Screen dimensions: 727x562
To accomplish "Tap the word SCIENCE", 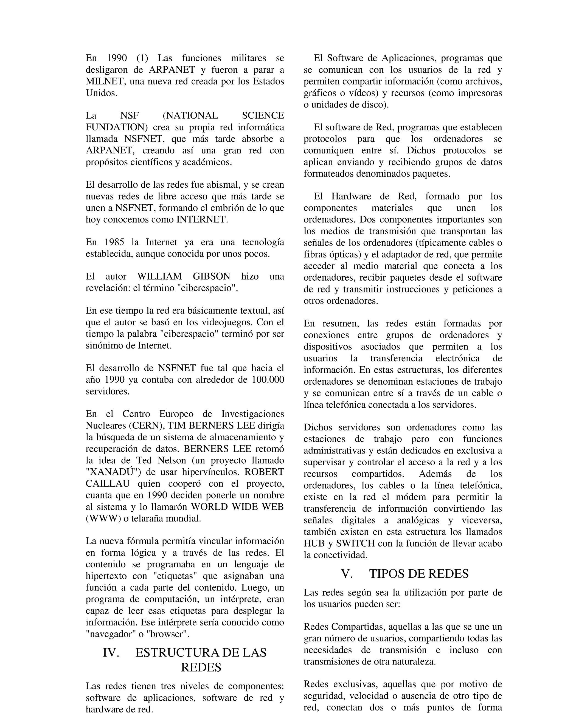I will pyautogui.click(x=263, y=116).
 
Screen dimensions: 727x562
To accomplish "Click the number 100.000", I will pyautogui.click(x=268, y=380).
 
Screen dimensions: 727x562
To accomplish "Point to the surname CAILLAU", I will pyautogui.click(x=108, y=484).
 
